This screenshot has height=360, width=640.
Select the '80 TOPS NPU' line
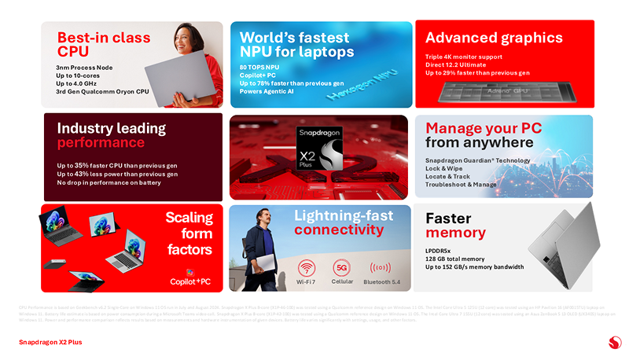(259, 68)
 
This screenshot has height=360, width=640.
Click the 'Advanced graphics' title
(494, 38)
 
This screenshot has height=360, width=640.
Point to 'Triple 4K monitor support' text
(465, 57)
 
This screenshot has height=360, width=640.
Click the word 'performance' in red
(101, 143)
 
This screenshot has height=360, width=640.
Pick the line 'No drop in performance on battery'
(109, 182)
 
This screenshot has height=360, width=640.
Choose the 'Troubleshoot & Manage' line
(461, 184)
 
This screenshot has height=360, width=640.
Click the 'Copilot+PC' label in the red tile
(190, 281)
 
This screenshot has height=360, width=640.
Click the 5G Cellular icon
(342, 266)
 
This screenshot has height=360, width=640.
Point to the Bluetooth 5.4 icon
(381, 266)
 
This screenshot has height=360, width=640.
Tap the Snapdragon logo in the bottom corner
(616, 341)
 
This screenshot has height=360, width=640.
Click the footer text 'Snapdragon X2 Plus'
(50, 342)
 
